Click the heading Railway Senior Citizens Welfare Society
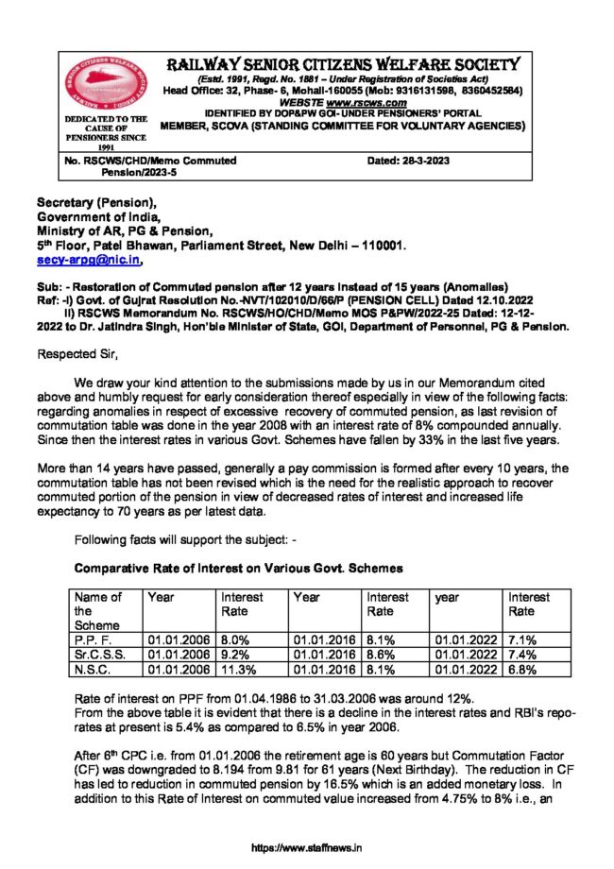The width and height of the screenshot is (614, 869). pos(343,64)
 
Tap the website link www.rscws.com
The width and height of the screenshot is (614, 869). pos(374,102)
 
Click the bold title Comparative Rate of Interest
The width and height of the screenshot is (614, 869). pos(239,569)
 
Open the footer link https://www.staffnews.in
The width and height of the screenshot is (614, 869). pos(307,848)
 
